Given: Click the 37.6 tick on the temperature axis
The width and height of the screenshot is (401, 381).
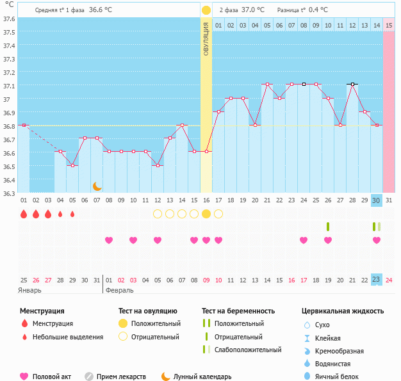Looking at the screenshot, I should pos(8,19).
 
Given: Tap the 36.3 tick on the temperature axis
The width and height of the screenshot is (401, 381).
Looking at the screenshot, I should pos(8,193).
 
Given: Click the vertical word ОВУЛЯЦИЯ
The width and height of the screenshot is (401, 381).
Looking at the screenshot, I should pos(206,38).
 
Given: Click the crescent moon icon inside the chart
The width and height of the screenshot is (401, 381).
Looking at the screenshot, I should pos(97,186).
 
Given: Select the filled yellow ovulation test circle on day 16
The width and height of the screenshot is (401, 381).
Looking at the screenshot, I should pos(206,214).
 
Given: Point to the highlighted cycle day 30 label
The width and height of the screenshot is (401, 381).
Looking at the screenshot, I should pos(377,200).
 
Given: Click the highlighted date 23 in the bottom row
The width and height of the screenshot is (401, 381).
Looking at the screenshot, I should pos(377,279).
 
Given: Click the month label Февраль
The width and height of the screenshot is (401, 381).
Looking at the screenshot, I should pos(120,290).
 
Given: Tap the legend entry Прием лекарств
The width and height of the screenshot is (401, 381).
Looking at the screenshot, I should pos(121,377).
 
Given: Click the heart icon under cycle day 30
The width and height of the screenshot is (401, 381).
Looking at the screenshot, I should pos(377,240).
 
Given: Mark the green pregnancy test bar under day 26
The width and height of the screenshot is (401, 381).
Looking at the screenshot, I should pos(328,227).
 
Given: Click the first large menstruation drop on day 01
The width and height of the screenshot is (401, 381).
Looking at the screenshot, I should pos(24,214).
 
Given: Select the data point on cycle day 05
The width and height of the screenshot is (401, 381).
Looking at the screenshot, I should pos(72,166).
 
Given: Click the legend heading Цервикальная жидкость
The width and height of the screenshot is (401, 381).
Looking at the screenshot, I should pos(343,311).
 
